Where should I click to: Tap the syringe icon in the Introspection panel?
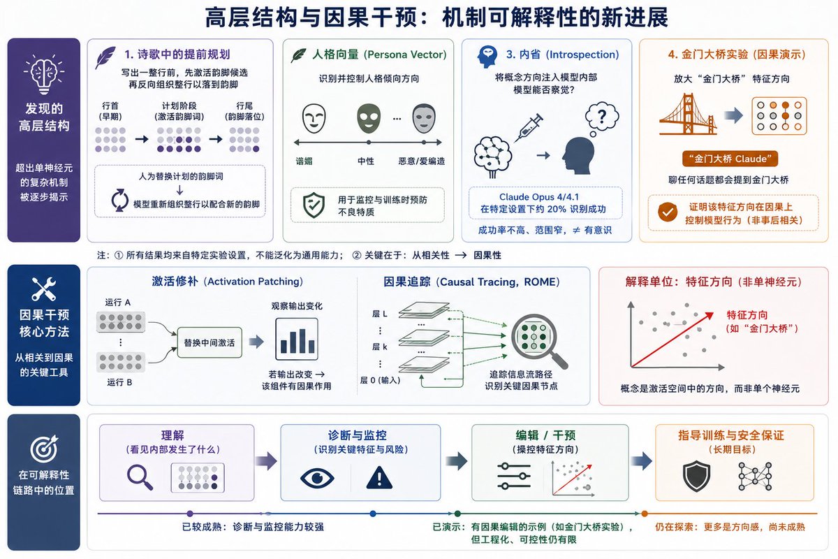click(x=529, y=128)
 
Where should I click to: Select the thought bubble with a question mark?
click(x=601, y=118)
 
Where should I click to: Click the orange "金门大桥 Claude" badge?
click(x=730, y=159)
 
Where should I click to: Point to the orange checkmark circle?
click(x=668, y=212)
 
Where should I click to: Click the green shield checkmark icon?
click(x=314, y=205)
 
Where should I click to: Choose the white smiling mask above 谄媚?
click(x=314, y=118)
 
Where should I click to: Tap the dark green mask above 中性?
click(x=369, y=118)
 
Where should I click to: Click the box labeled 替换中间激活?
click(x=209, y=342)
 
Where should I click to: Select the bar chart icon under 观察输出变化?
click(x=297, y=339)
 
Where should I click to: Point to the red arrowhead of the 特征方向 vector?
click(x=709, y=316)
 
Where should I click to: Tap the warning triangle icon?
click(x=379, y=478)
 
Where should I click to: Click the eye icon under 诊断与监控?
click(x=317, y=478)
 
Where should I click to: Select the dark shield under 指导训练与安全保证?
click(x=696, y=476)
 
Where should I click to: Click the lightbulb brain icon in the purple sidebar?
click(x=44, y=73)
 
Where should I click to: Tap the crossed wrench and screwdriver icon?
click(x=44, y=289)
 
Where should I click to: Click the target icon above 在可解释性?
click(x=44, y=449)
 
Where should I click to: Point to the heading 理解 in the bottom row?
click(x=172, y=435)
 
